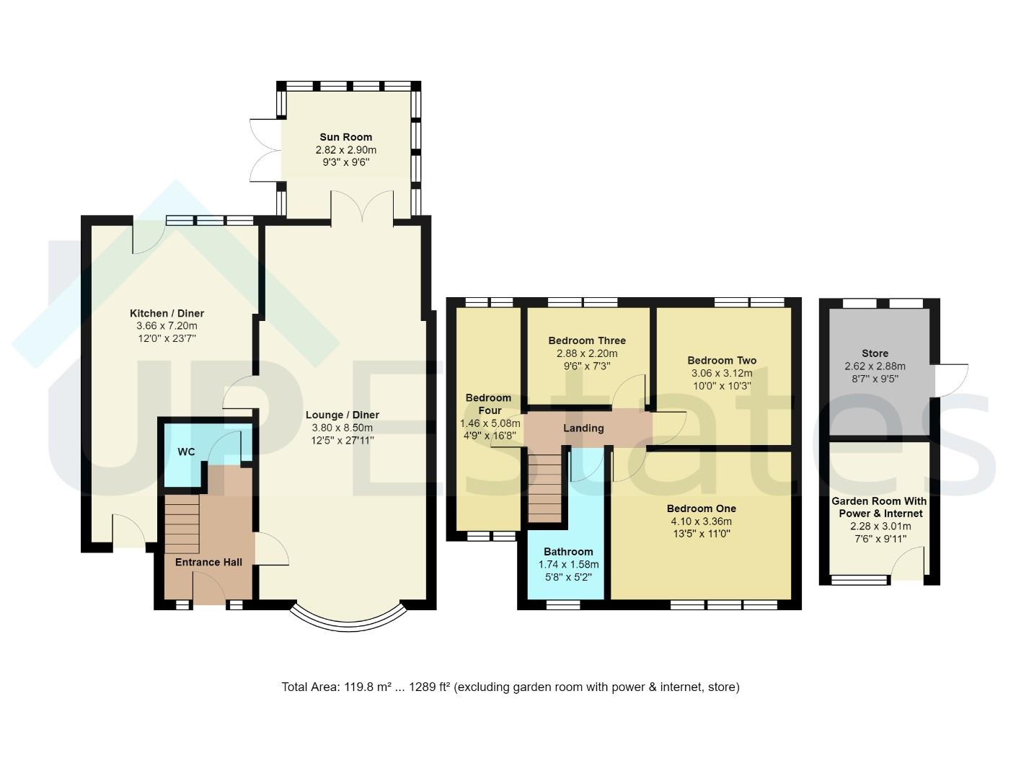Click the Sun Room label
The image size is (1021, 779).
[345, 137]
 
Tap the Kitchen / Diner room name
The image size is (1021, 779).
[167, 313]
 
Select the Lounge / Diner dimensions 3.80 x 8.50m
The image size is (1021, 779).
[342, 428]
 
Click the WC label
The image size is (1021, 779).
[186, 452]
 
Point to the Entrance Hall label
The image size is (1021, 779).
[208, 562]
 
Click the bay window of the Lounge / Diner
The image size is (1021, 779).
[348, 625]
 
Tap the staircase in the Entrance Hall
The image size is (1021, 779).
[182, 524]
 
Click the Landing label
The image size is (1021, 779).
[583, 428]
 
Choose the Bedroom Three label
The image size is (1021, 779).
[587, 340]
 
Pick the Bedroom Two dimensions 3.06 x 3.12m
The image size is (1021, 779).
[722, 373]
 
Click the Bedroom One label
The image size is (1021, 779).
[702, 509]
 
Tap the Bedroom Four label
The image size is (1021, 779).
[488, 404]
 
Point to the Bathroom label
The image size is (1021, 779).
[568, 552]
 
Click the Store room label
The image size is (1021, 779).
[875, 353]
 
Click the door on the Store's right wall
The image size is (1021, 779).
[949, 381]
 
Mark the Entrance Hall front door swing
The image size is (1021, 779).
[209, 588]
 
